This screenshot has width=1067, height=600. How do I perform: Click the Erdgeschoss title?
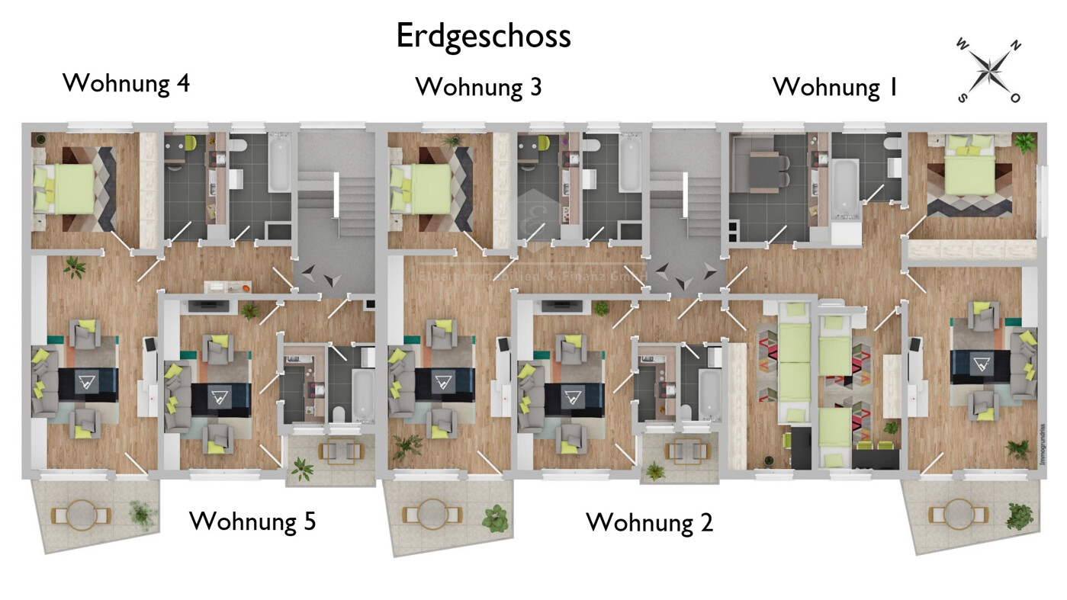coord(483,36)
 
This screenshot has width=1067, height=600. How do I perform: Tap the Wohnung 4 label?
coord(126,82)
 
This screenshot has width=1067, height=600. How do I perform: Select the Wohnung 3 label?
coord(478,87)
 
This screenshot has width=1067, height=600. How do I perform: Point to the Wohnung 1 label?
coord(835,87)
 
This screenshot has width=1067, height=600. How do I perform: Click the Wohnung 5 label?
coord(252,521)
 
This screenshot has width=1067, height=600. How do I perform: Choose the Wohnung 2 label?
coord(649,523)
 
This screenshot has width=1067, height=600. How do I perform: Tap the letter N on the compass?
coord(1015,47)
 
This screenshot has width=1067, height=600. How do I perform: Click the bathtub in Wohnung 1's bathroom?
coord(844,185)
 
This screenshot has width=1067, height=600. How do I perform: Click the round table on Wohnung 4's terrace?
coord(80,515)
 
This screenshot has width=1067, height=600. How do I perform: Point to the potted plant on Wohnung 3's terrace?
coord(495,518)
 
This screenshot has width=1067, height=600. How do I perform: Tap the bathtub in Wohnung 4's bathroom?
coord(278,163)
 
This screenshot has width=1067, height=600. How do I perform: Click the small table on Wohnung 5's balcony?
coord(338,451)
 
